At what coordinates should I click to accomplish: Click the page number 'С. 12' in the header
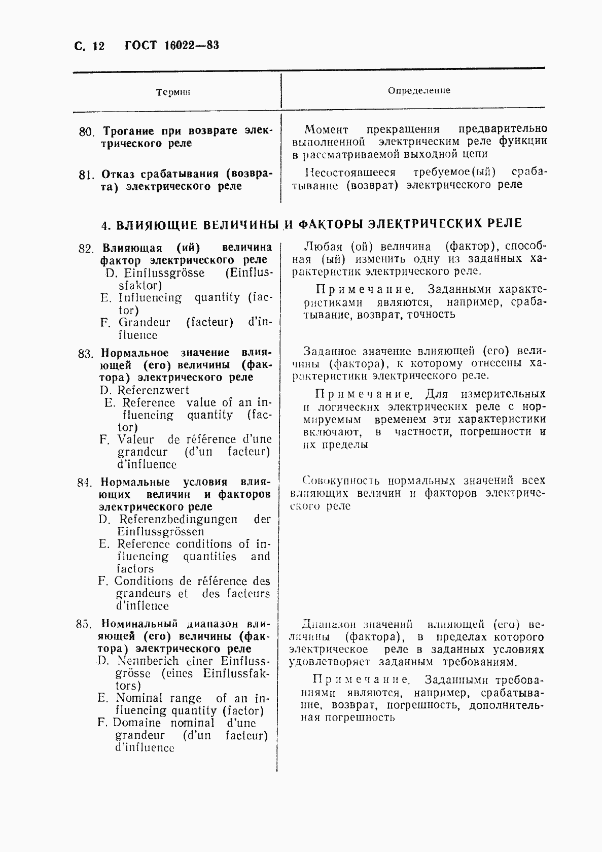pyautogui.click(x=89, y=46)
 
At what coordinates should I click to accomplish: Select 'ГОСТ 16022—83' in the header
pyautogui.click(x=171, y=46)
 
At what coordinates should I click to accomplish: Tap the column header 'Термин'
pyautogui.click(x=173, y=92)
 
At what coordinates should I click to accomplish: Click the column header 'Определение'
pyautogui.click(x=419, y=90)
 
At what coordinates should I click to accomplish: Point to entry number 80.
pyautogui.click(x=87, y=132)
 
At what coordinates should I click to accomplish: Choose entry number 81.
pyautogui.click(x=87, y=175)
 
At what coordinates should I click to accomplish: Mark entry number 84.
pyautogui.click(x=84, y=483)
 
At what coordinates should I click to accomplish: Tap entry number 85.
pyautogui.click(x=84, y=624)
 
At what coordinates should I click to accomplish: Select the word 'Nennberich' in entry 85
pyautogui.click(x=148, y=661)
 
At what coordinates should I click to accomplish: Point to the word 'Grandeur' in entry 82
pyautogui.click(x=145, y=323)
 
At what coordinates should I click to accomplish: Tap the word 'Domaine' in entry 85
pyautogui.click(x=136, y=723)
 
